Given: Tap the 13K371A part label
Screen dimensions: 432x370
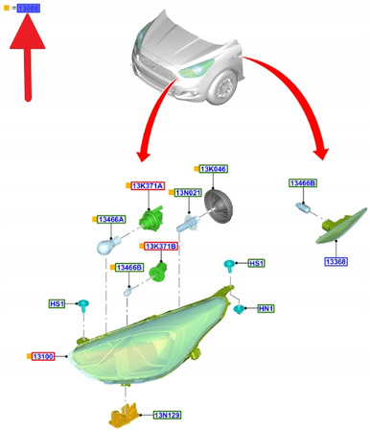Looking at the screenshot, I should click(x=148, y=184).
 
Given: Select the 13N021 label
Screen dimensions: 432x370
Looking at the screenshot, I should click(x=186, y=193).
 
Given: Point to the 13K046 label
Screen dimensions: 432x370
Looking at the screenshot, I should click(x=213, y=167).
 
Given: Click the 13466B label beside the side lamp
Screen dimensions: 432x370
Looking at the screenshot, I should click(x=304, y=182).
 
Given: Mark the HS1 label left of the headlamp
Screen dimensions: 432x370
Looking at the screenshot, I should click(x=58, y=303).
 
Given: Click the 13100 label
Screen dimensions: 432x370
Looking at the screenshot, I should click(x=43, y=356).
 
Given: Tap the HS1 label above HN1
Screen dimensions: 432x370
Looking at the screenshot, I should click(x=256, y=262).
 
